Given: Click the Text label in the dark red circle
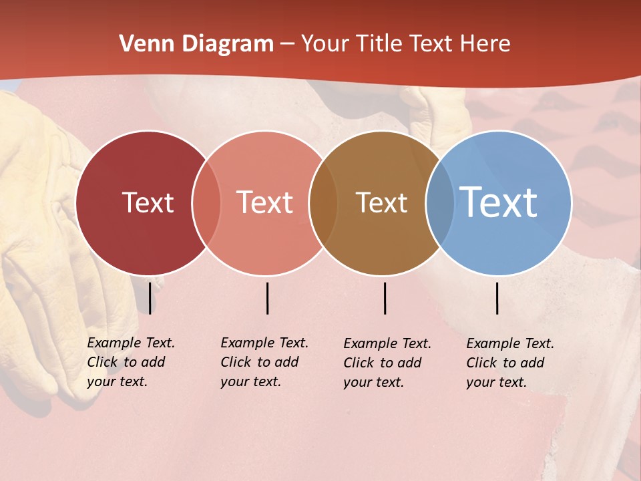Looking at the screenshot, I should (148, 202).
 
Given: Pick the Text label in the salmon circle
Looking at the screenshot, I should (265, 202).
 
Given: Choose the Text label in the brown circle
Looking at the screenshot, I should (381, 202).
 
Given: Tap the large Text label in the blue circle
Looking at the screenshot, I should (498, 202).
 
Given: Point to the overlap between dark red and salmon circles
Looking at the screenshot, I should (206, 202).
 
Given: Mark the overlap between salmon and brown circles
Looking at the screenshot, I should (323, 202).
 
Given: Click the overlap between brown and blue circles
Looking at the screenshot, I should (440, 202).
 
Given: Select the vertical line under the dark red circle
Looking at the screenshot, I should (150, 298).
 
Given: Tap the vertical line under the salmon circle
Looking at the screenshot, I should (267, 298).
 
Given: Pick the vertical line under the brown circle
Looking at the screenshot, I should (385, 298).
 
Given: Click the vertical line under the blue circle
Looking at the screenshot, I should (497, 298).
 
